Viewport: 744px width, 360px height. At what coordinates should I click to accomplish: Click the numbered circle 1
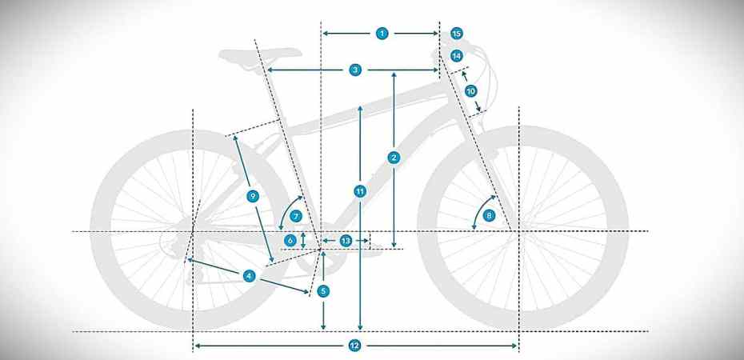click(382, 34)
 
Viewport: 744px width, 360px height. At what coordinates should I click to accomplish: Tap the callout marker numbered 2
click(394, 158)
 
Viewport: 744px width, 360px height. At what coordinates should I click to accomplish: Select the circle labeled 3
click(355, 70)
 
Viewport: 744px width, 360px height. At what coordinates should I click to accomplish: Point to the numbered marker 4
click(250, 276)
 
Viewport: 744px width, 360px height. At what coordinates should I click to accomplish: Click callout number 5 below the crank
click(323, 291)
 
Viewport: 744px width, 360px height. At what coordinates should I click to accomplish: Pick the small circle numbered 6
click(290, 239)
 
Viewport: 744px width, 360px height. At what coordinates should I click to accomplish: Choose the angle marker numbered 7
click(295, 216)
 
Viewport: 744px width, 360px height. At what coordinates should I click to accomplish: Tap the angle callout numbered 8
click(490, 215)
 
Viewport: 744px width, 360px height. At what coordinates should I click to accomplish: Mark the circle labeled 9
click(253, 196)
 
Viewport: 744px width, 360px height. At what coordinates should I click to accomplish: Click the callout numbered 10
click(471, 91)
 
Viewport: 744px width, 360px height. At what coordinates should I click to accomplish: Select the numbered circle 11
click(361, 190)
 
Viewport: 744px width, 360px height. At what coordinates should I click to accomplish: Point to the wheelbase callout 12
click(355, 346)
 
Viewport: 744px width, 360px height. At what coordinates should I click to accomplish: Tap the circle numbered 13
click(346, 240)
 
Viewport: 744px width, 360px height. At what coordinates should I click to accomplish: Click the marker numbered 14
click(456, 56)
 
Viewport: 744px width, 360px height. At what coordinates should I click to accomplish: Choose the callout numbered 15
click(456, 34)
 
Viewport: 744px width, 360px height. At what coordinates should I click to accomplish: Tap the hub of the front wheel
click(518, 232)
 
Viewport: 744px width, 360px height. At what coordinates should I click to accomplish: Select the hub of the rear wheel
click(193, 233)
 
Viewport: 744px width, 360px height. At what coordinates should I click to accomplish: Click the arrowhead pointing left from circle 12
click(198, 346)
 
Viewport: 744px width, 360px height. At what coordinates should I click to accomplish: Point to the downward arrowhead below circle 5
click(323, 326)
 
